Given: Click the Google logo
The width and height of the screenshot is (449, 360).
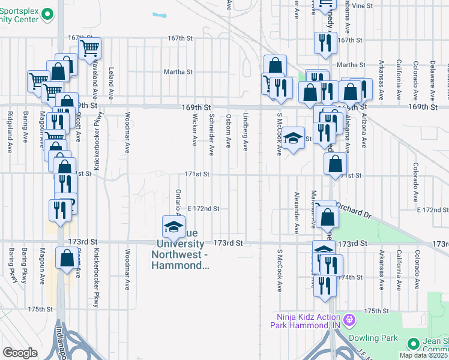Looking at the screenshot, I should (x=20, y=353).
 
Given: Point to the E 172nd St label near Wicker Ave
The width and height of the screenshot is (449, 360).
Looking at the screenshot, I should (x=203, y=209).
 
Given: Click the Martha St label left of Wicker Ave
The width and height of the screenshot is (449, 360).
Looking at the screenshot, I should (x=178, y=71).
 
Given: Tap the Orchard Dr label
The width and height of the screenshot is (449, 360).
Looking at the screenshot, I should (x=354, y=209).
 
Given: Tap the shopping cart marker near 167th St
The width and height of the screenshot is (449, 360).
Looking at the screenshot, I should (x=89, y=48).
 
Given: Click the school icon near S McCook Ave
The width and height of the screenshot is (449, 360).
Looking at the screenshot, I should (x=292, y=139).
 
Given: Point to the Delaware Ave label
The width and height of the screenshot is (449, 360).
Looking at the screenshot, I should (x=432, y=71).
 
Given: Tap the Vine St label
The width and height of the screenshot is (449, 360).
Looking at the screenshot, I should (x=363, y=5).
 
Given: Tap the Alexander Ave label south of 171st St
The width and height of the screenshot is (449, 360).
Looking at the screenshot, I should (x=297, y=213).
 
